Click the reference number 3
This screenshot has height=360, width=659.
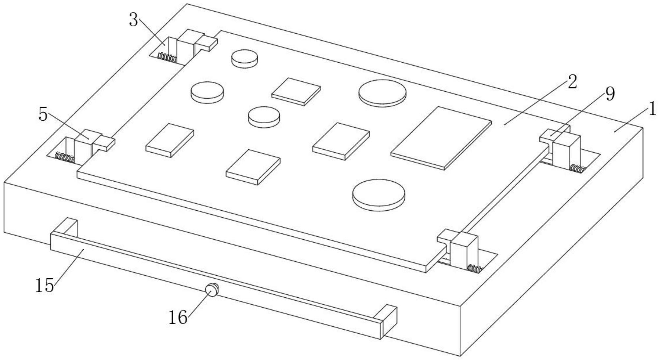(133, 20)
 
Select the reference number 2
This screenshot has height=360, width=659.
(572, 82)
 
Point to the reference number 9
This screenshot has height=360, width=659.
(610, 95)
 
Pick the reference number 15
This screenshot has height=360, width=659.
(44, 285)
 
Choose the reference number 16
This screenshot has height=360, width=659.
(178, 317)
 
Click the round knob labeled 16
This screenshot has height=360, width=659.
(211, 290)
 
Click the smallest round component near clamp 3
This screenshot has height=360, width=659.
(244, 59)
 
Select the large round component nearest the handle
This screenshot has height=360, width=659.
(379, 195)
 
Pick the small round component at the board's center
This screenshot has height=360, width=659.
(264, 117)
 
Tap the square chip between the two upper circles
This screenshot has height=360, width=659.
(296, 91)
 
